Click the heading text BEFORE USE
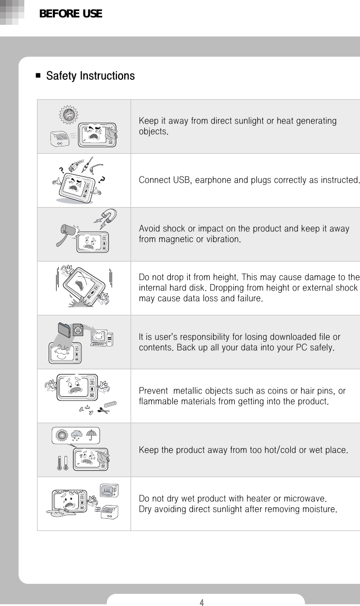click(70, 14)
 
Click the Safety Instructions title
click(90, 76)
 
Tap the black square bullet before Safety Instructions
click(38, 76)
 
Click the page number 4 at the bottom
click(201, 602)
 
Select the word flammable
click(159, 402)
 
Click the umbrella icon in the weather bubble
click(93, 434)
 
